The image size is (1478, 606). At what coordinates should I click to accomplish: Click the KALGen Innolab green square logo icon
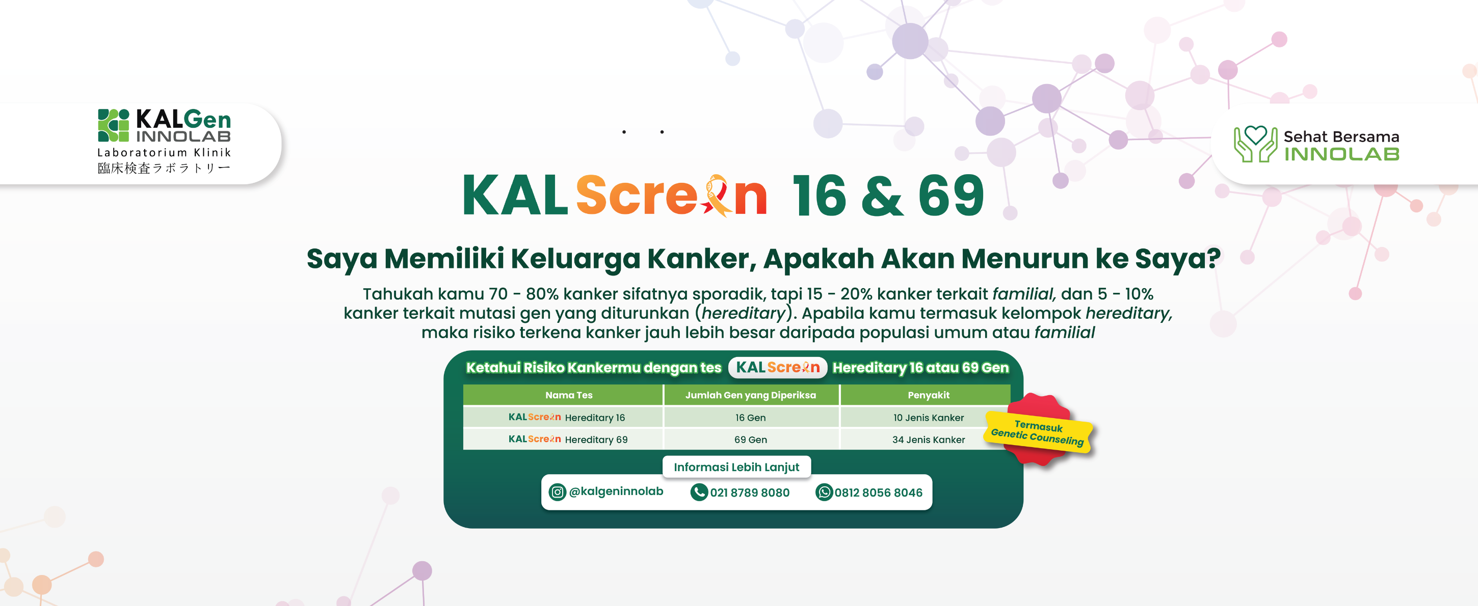coord(114,125)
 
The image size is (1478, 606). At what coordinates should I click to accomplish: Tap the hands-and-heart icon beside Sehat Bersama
coord(1255,144)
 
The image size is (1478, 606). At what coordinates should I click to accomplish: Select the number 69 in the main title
coord(952,196)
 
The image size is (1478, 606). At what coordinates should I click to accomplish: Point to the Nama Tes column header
coord(569,395)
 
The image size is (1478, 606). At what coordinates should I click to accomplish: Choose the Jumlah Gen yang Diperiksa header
coord(751,395)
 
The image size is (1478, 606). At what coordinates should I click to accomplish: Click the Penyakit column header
coord(929,395)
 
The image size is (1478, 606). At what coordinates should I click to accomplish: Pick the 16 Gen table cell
coord(751,418)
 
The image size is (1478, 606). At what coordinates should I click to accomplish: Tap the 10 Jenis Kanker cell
coord(929,418)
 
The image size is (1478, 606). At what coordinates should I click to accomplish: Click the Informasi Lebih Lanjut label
coord(736,466)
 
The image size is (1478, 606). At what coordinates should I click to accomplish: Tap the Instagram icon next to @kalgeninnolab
coord(557,492)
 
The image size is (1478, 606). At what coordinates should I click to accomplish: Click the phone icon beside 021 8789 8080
coord(699,492)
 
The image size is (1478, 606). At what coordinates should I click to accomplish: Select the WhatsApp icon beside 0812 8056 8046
coord(824,492)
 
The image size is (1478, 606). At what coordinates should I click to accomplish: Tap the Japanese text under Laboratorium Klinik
coord(164,168)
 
